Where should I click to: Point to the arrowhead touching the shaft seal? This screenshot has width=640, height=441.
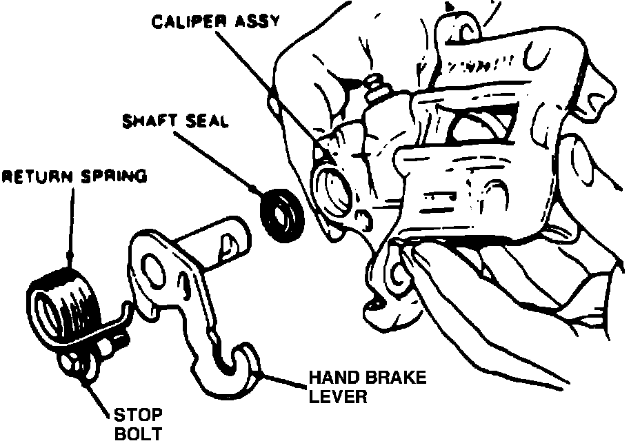click(x=257, y=189)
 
